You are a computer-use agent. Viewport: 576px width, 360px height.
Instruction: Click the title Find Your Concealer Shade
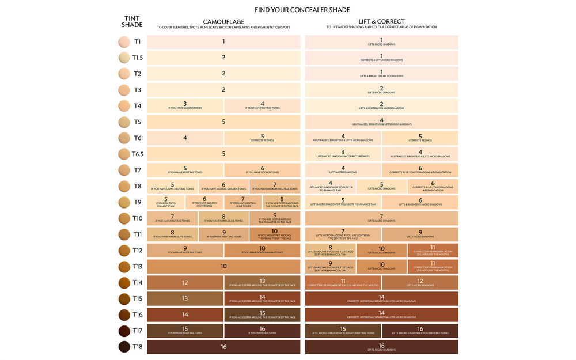(x=302, y=10)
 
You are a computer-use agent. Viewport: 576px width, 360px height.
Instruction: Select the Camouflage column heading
(x=223, y=21)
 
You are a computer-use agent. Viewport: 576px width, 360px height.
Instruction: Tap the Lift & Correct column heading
(x=381, y=21)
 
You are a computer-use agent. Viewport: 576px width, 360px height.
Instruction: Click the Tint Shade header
(x=132, y=21)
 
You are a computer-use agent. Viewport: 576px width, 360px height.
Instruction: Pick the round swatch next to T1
(x=124, y=41)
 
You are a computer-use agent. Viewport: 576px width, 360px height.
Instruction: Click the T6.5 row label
(x=138, y=154)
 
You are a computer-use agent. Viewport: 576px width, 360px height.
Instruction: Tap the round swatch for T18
(x=124, y=347)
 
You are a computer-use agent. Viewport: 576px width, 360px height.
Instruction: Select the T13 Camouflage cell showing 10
(x=223, y=267)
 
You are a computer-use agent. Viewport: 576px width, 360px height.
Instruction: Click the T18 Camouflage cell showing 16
(x=223, y=347)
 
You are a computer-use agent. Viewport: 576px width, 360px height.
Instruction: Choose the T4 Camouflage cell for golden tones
(x=185, y=106)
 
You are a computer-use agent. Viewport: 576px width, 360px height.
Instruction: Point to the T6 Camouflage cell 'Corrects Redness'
(x=262, y=138)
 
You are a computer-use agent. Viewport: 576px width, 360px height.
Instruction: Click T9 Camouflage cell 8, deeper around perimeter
(x=282, y=202)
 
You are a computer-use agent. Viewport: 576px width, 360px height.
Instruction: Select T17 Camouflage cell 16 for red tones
(x=262, y=331)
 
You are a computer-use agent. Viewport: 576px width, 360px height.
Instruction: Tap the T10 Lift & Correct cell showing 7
(x=381, y=218)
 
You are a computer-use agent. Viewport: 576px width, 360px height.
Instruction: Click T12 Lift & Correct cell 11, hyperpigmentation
(x=433, y=251)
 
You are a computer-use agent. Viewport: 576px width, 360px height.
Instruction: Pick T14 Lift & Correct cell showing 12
(x=420, y=283)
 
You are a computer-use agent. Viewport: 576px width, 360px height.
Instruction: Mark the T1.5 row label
(x=138, y=58)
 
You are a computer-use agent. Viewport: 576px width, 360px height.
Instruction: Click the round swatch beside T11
(x=124, y=234)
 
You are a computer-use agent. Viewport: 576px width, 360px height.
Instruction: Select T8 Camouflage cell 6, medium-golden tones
(x=223, y=186)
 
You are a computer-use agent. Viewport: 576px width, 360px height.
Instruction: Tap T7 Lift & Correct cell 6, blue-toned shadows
(x=420, y=170)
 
